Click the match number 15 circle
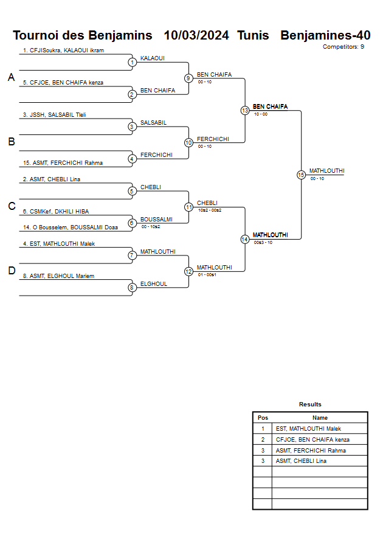301,175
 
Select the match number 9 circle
188,78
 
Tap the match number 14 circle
244,239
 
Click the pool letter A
11,77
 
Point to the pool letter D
11,271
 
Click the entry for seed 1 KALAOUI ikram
63,50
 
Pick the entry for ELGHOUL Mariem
58,276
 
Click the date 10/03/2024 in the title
196,35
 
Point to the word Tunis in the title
253,35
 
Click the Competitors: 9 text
343,46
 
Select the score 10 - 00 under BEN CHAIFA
261,114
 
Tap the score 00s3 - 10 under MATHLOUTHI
263,242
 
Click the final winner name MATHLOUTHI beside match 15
327,171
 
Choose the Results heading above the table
310,404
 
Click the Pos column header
263,418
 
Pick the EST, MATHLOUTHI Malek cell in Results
308,429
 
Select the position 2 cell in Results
263,439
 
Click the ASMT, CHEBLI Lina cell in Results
301,461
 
